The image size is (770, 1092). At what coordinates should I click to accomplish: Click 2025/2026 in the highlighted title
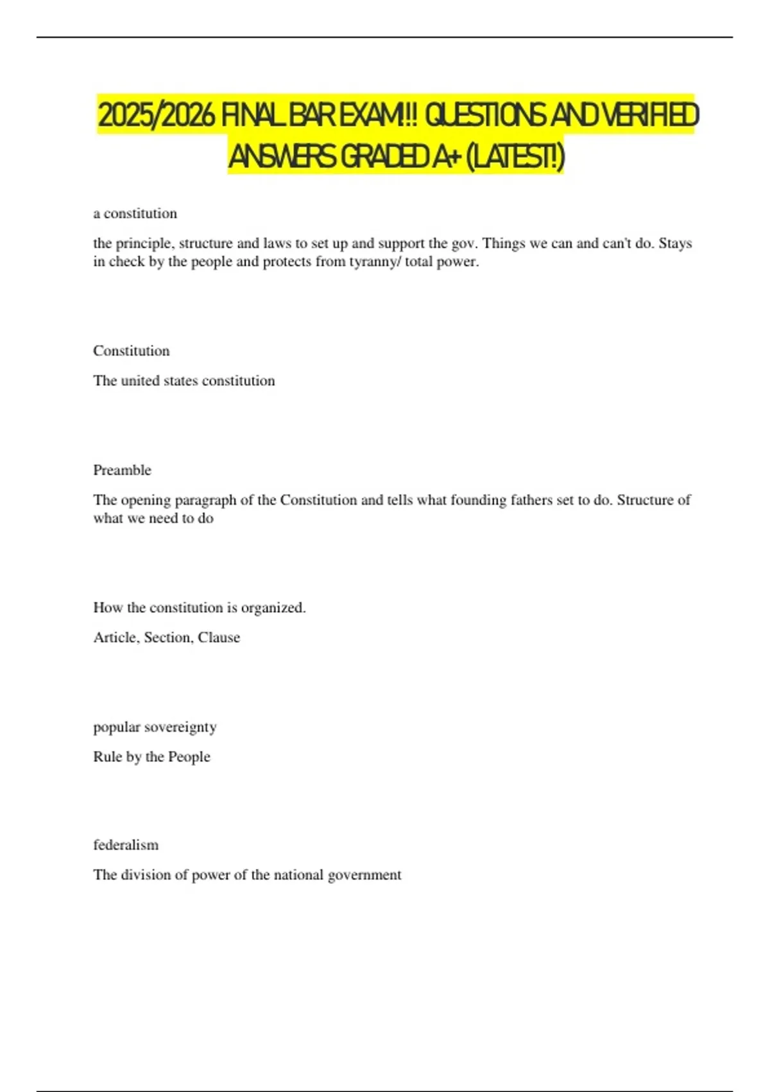(156, 116)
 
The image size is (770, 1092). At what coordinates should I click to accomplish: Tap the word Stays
(675, 243)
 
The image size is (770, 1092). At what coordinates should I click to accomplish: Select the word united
(141, 381)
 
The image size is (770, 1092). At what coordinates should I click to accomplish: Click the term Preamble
(122, 470)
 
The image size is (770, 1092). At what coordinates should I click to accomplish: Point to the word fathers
(531, 500)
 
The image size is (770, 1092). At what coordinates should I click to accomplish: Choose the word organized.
(273, 608)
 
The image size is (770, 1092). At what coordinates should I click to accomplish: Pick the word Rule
(107, 757)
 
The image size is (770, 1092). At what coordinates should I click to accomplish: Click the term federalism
(126, 845)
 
